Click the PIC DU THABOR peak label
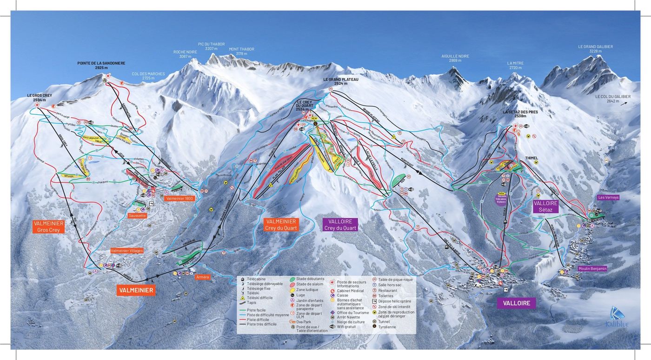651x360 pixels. point(211,46)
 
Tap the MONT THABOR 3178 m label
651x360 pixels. point(241,51)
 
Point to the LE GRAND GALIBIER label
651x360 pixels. point(595,49)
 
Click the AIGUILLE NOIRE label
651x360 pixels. point(455,58)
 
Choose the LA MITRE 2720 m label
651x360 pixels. point(514,65)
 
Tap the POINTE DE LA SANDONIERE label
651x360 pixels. point(101,65)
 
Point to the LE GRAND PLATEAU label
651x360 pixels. point(341,81)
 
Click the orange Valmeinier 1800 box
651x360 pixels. point(179,199)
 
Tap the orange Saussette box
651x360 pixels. point(138,216)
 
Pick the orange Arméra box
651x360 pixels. point(203,277)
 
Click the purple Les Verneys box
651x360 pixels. point(608,197)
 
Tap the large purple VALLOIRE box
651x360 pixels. point(516,303)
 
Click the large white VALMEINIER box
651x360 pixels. point(135,290)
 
